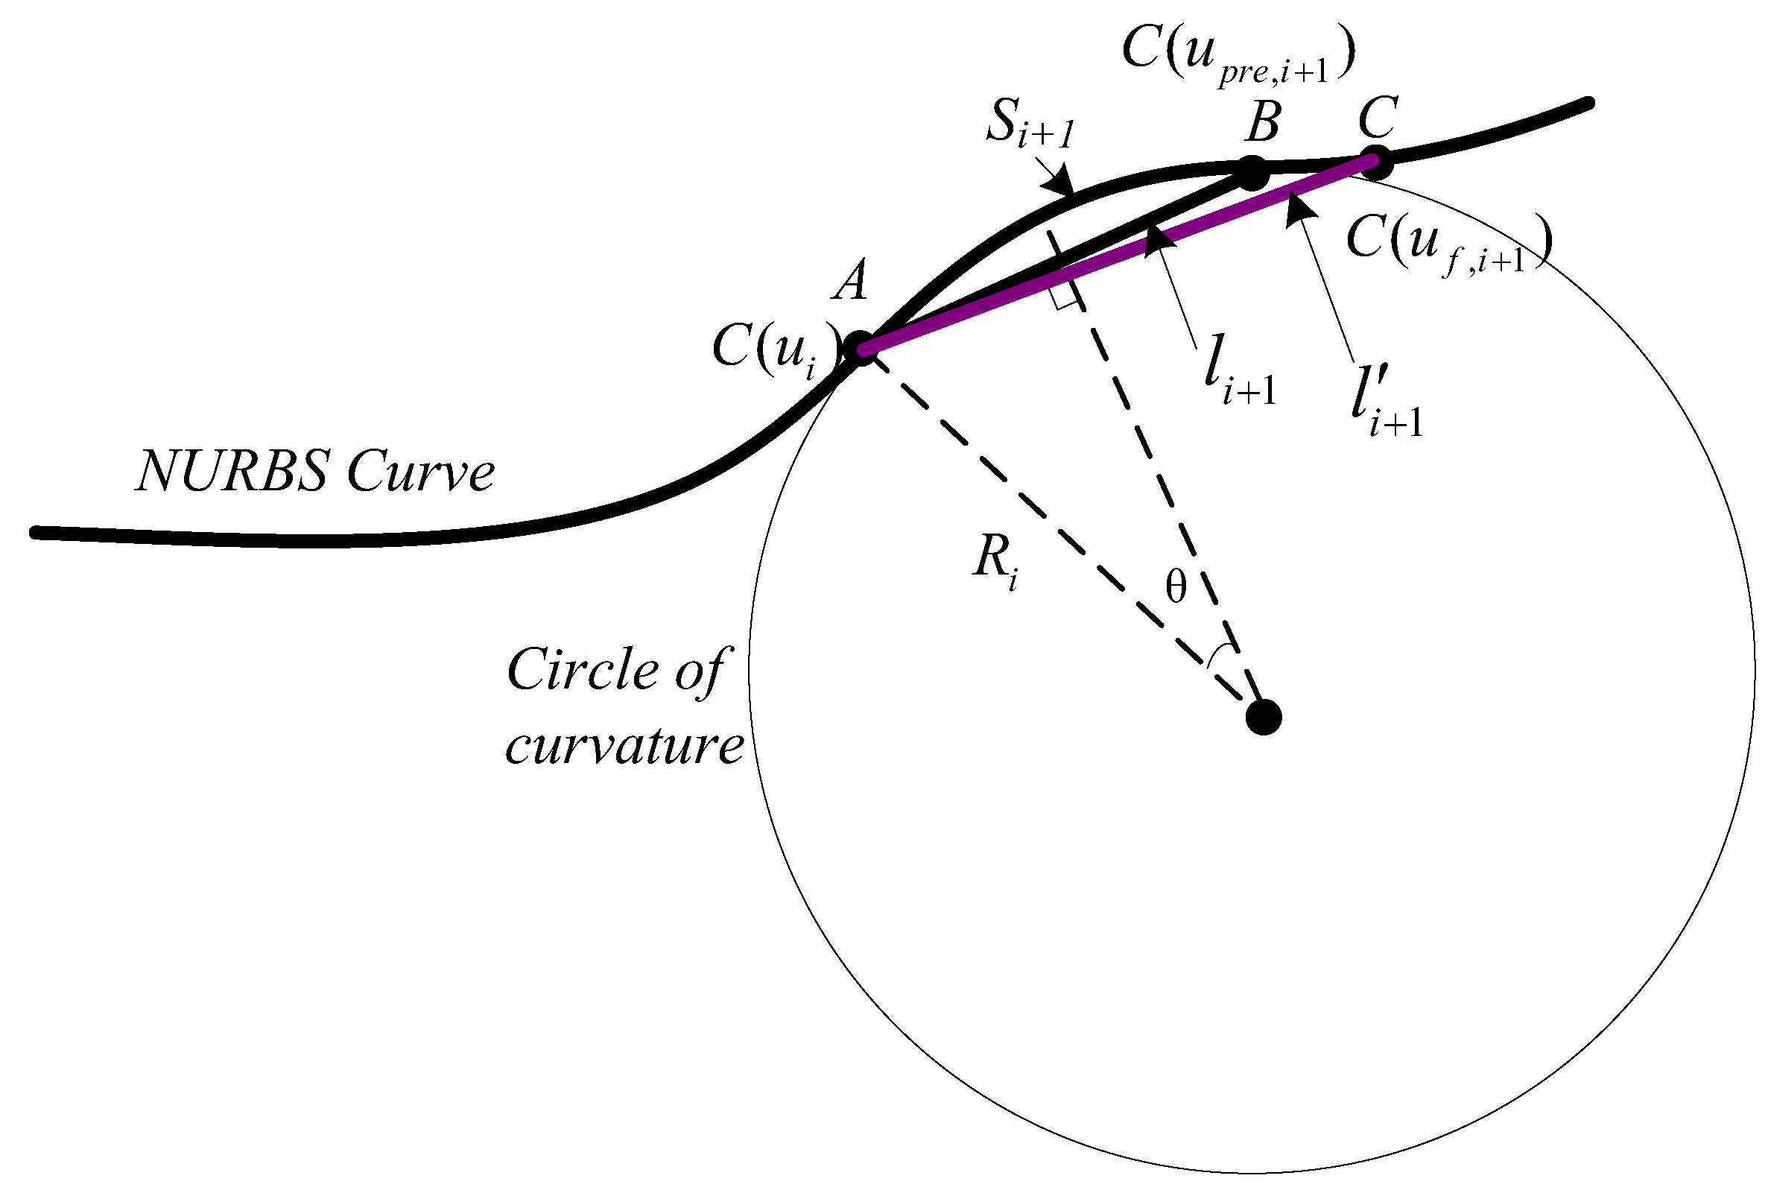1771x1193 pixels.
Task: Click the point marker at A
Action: [860, 349]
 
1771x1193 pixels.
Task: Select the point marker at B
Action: [1252, 174]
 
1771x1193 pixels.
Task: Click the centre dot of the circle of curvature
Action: [1264, 717]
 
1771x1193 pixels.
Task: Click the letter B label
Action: [1262, 121]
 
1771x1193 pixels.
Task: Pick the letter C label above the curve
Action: [1378, 118]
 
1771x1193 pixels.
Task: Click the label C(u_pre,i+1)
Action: [1238, 58]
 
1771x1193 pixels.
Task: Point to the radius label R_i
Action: [996, 561]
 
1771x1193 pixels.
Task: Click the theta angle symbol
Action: [1176, 587]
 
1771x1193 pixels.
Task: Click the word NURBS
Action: [231, 471]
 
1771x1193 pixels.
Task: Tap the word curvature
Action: [624, 745]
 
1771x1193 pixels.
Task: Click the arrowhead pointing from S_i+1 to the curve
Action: [1059, 183]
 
